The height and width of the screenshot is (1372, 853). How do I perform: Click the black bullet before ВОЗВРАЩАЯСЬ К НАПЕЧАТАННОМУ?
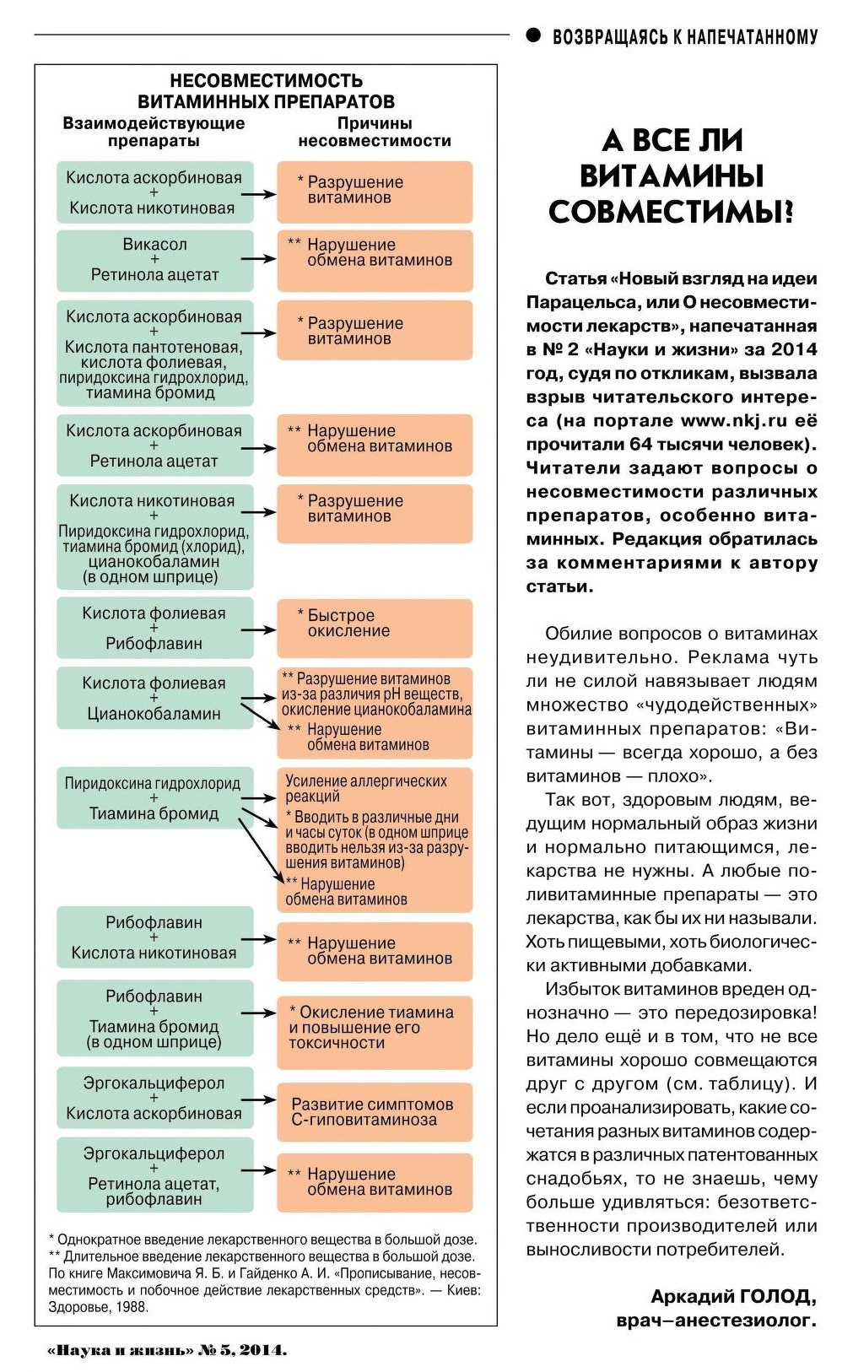533,35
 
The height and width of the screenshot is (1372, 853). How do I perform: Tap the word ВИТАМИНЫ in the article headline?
672,176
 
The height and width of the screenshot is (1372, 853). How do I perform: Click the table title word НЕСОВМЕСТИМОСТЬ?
266,81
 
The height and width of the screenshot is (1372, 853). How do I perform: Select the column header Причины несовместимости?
375,132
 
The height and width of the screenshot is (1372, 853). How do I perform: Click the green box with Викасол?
155,260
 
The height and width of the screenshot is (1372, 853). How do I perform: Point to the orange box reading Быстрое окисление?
375,629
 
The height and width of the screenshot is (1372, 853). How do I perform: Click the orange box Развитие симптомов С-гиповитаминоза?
375,1112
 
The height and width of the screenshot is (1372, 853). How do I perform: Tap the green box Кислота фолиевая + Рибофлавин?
155,629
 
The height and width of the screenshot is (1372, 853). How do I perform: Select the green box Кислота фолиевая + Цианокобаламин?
155,699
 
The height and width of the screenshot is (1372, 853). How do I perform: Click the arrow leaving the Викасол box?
258,259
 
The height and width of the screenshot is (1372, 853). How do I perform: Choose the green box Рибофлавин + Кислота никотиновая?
155,938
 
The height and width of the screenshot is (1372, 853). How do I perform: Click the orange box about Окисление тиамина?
375,1028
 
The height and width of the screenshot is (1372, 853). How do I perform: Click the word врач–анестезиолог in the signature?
715,1320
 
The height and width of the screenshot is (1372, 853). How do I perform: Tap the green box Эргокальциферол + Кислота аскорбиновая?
155,1099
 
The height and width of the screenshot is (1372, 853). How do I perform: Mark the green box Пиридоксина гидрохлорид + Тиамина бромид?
153,798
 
